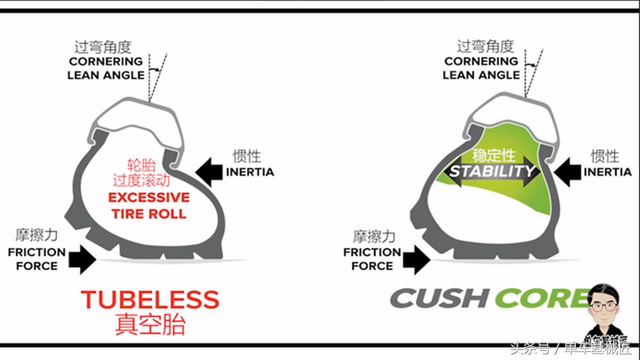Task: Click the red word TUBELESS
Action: coord(150,299)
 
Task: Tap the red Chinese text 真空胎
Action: coord(150,324)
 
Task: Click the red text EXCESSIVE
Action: coord(149,197)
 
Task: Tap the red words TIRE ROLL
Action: coord(149,214)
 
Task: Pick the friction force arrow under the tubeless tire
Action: coord(82,260)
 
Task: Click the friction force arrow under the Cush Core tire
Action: coord(417,260)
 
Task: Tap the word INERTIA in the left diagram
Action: coord(250,172)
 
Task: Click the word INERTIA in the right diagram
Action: coord(608,172)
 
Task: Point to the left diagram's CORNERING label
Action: coord(106,61)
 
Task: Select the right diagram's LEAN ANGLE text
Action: coord(481,76)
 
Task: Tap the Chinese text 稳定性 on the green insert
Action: coord(494,155)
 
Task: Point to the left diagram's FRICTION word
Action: coord(37,253)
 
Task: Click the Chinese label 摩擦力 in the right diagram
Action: coord(373,236)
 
